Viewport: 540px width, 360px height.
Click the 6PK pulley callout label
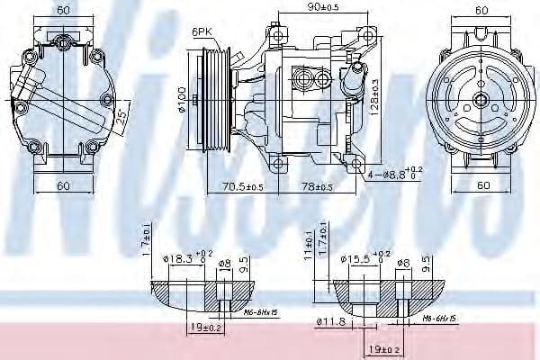tap(201, 32)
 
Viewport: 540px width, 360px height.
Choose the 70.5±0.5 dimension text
tap(243, 187)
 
